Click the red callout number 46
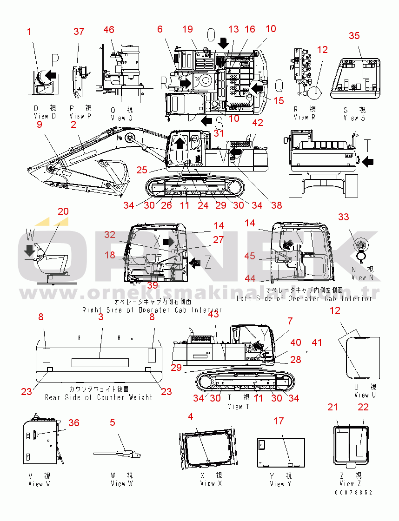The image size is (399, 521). tap(108, 30)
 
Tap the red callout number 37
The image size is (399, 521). tap(79, 31)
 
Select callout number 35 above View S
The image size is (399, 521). tap(354, 36)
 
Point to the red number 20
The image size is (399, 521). tap(63, 211)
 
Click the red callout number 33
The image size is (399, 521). tap(343, 217)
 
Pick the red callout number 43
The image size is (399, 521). tap(213, 315)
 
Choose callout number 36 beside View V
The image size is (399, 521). tap(74, 422)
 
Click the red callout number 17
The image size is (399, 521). tap(278, 421)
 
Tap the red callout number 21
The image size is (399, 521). tap(332, 407)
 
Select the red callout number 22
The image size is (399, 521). tap(363, 407)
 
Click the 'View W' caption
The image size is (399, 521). tap(121, 484)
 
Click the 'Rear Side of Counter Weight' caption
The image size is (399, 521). tap(99, 397)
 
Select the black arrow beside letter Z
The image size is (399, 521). tap(195, 263)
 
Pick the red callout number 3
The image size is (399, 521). tap(100, 317)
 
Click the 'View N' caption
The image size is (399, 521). tap(359, 277)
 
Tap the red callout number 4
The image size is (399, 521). tap(190, 416)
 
